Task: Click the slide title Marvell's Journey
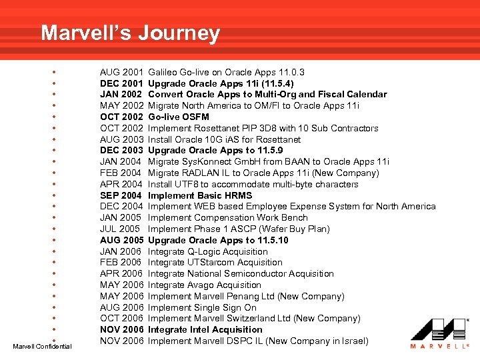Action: pos(130,33)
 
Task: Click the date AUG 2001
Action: pos(121,72)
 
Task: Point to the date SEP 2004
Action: pos(121,195)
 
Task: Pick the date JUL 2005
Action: pos(121,229)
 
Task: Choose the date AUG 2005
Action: pos(121,240)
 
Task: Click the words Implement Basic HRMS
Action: pos(200,195)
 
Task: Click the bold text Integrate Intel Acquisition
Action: pos(205,329)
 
